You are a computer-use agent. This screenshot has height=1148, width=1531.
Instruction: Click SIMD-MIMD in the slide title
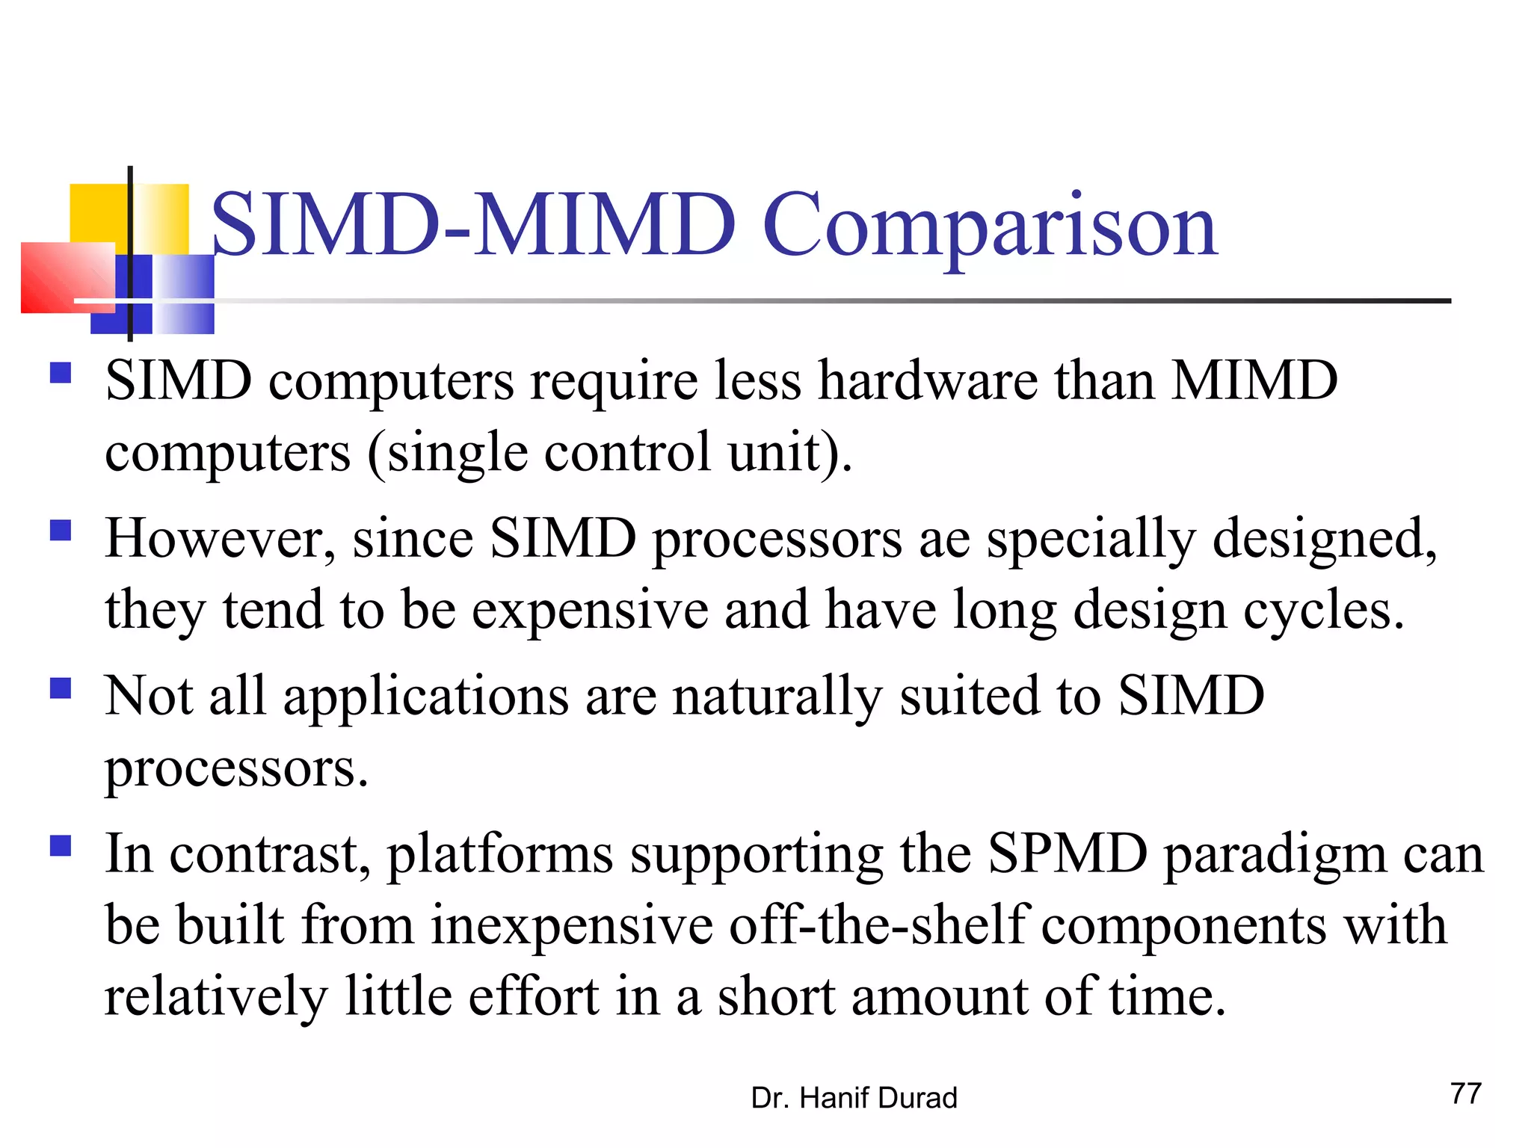tap(474, 224)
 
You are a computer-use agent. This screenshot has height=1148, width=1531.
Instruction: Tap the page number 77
tap(1465, 1093)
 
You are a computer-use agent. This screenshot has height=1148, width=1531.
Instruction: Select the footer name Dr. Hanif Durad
tap(854, 1098)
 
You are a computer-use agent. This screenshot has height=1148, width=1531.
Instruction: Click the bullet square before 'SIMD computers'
tap(61, 372)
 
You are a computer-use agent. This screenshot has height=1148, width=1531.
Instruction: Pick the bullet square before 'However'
tap(61, 531)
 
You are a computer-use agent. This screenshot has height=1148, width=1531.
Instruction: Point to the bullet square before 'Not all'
tap(61, 688)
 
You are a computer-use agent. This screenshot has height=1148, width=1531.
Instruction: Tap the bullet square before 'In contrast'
tap(61, 846)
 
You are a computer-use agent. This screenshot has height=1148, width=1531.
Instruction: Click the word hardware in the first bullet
tap(928, 380)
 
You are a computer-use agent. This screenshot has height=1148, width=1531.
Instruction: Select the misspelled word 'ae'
tap(944, 539)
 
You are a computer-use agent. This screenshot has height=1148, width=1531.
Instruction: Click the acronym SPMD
tap(1068, 854)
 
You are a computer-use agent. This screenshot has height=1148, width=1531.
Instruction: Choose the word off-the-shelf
tap(879, 925)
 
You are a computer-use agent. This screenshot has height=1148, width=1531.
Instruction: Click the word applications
tap(426, 697)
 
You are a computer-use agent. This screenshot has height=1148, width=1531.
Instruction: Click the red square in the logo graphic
tap(67, 277)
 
